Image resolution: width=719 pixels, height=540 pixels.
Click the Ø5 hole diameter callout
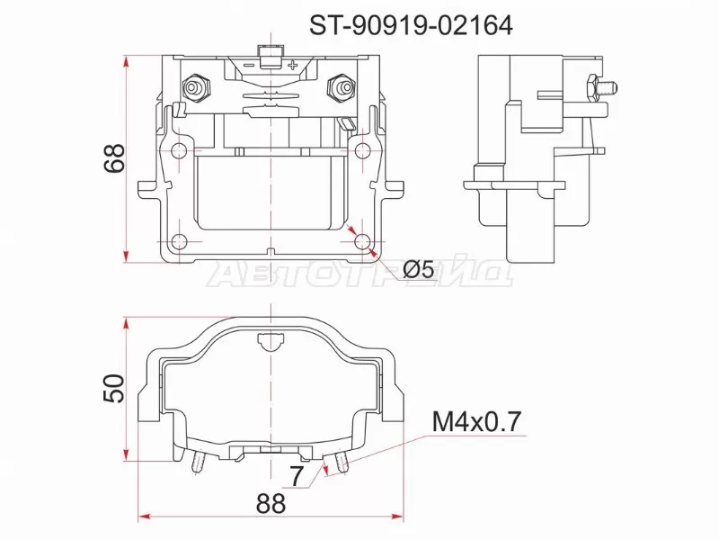tap(419, 268)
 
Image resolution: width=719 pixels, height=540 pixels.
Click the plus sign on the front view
tap(293, 65)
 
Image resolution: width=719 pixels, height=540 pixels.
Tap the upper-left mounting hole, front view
tap(179, 149)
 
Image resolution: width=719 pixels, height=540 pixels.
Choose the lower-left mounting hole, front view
tap(179, 241)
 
